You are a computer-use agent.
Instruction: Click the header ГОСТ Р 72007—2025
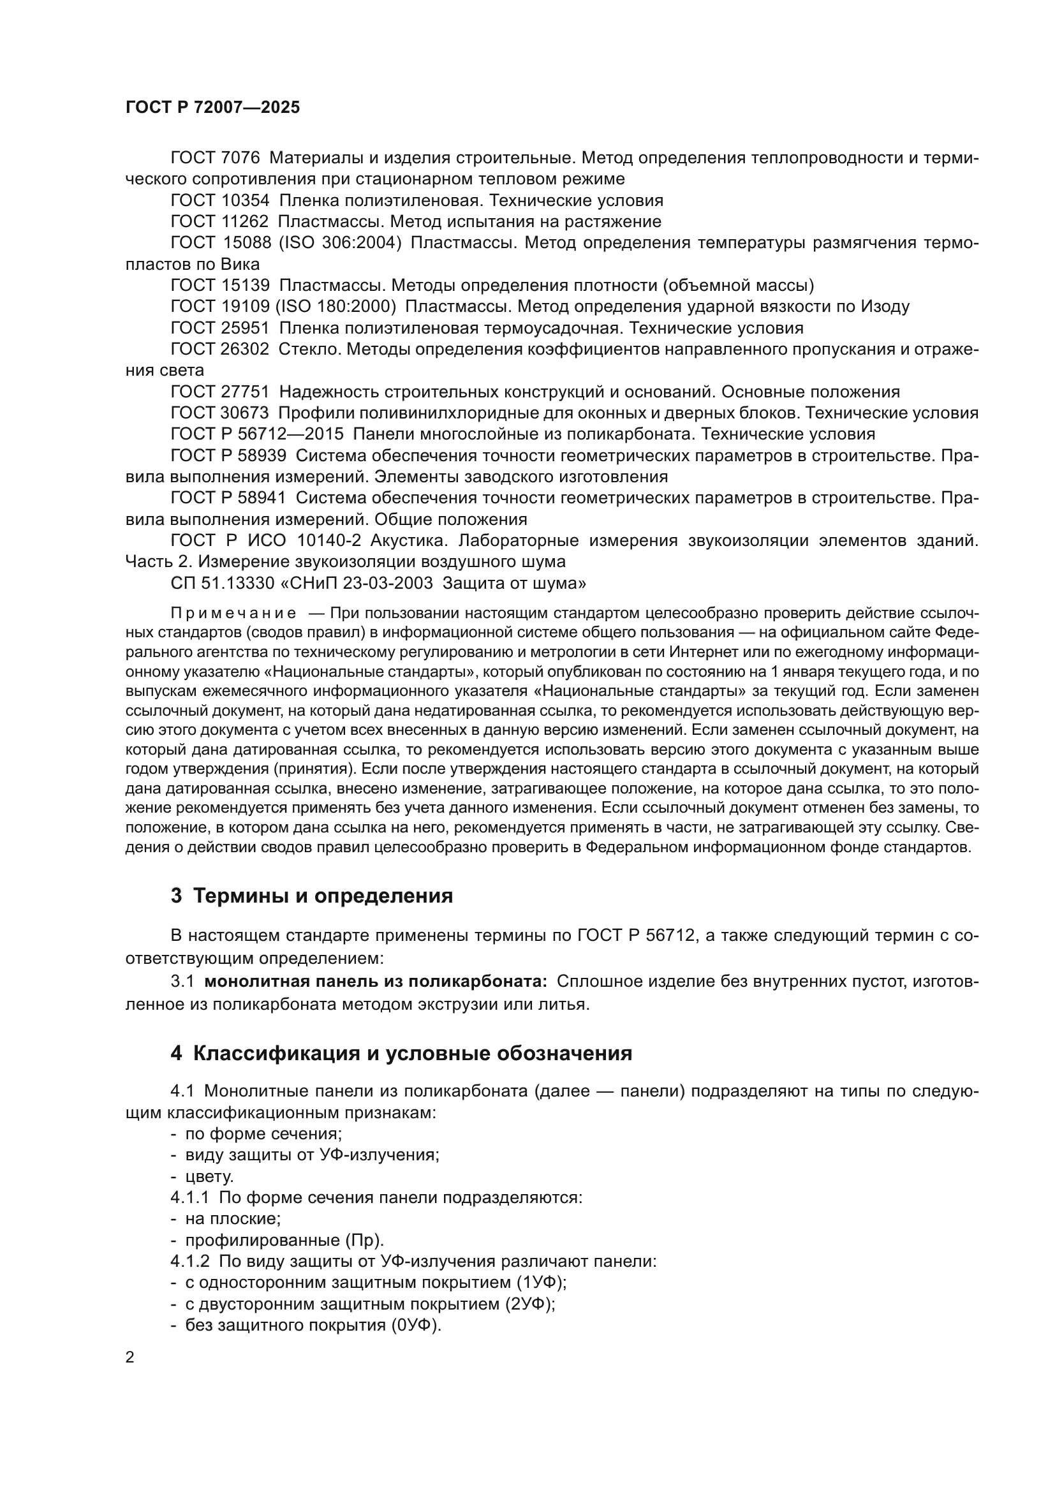pos(212,108)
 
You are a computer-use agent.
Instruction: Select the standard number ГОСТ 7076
pos(215,158)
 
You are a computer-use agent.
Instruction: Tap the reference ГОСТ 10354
pos(219,201)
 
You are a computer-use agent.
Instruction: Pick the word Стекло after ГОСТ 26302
pos(309,350)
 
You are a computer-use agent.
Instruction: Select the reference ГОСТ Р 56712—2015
pos(256,435)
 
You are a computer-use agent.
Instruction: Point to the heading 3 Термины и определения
pos(311,896)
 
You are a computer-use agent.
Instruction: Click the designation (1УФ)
pos(542,1283)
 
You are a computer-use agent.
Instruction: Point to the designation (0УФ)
pos(416,1326)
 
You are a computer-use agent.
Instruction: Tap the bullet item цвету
pos(209,1177)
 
